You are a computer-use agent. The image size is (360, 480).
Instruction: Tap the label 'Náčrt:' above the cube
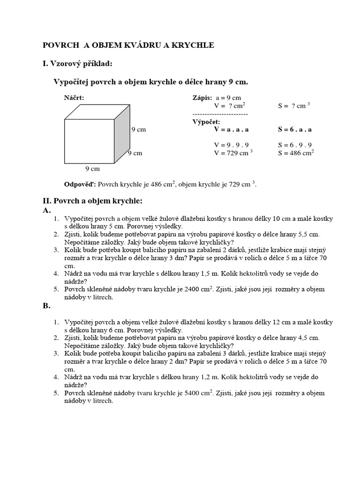click(74, 98)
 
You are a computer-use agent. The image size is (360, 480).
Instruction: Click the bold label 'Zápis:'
click(202, 98)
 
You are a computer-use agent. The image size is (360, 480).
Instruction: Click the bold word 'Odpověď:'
click(80, 184)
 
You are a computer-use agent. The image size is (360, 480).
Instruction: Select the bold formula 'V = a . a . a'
click(231, 129)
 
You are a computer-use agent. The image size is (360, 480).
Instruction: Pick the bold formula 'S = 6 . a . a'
click(295, 129)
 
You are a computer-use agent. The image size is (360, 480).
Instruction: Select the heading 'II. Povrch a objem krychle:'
click(92, 201)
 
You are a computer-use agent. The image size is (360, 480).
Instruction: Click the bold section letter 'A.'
click(46, 210)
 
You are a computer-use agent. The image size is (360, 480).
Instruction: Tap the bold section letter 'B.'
click(46, 306)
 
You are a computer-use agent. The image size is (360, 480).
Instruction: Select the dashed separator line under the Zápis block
click(220, 114)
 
